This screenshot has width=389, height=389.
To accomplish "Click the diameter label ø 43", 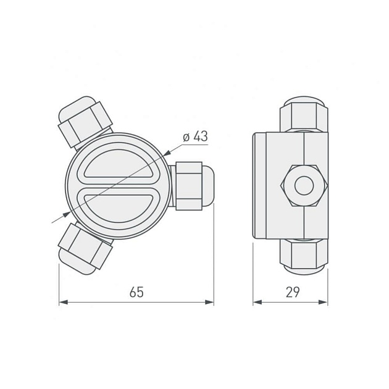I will coord(195,137).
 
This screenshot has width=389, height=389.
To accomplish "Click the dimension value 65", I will coord(136,292).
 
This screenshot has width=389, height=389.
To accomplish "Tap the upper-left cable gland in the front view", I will coord(85,122).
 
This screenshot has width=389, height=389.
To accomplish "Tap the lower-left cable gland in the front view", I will coord(84,249).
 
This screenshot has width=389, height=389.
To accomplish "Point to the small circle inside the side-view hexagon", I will coord(304,185).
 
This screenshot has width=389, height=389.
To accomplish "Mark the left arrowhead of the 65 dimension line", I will coord(62,303).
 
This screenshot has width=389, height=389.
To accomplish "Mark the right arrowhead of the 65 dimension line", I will coord(210,303).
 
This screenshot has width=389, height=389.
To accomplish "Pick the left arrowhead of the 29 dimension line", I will coord(257,303).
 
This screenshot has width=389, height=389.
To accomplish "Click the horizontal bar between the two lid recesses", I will coord(117,186).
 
